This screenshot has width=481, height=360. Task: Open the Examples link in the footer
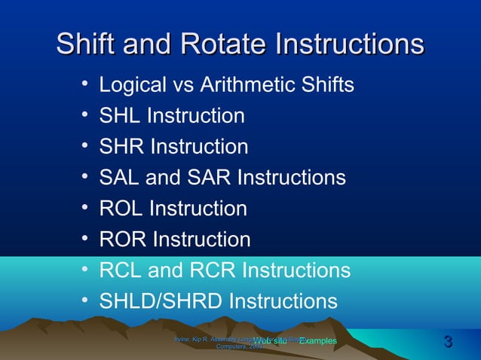(x=317, y=342)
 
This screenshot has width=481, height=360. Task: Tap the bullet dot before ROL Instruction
(x=87, y=207)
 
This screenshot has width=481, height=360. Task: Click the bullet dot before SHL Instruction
(x=87, y=114)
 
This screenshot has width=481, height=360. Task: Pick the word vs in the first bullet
(x=185, y=85)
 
